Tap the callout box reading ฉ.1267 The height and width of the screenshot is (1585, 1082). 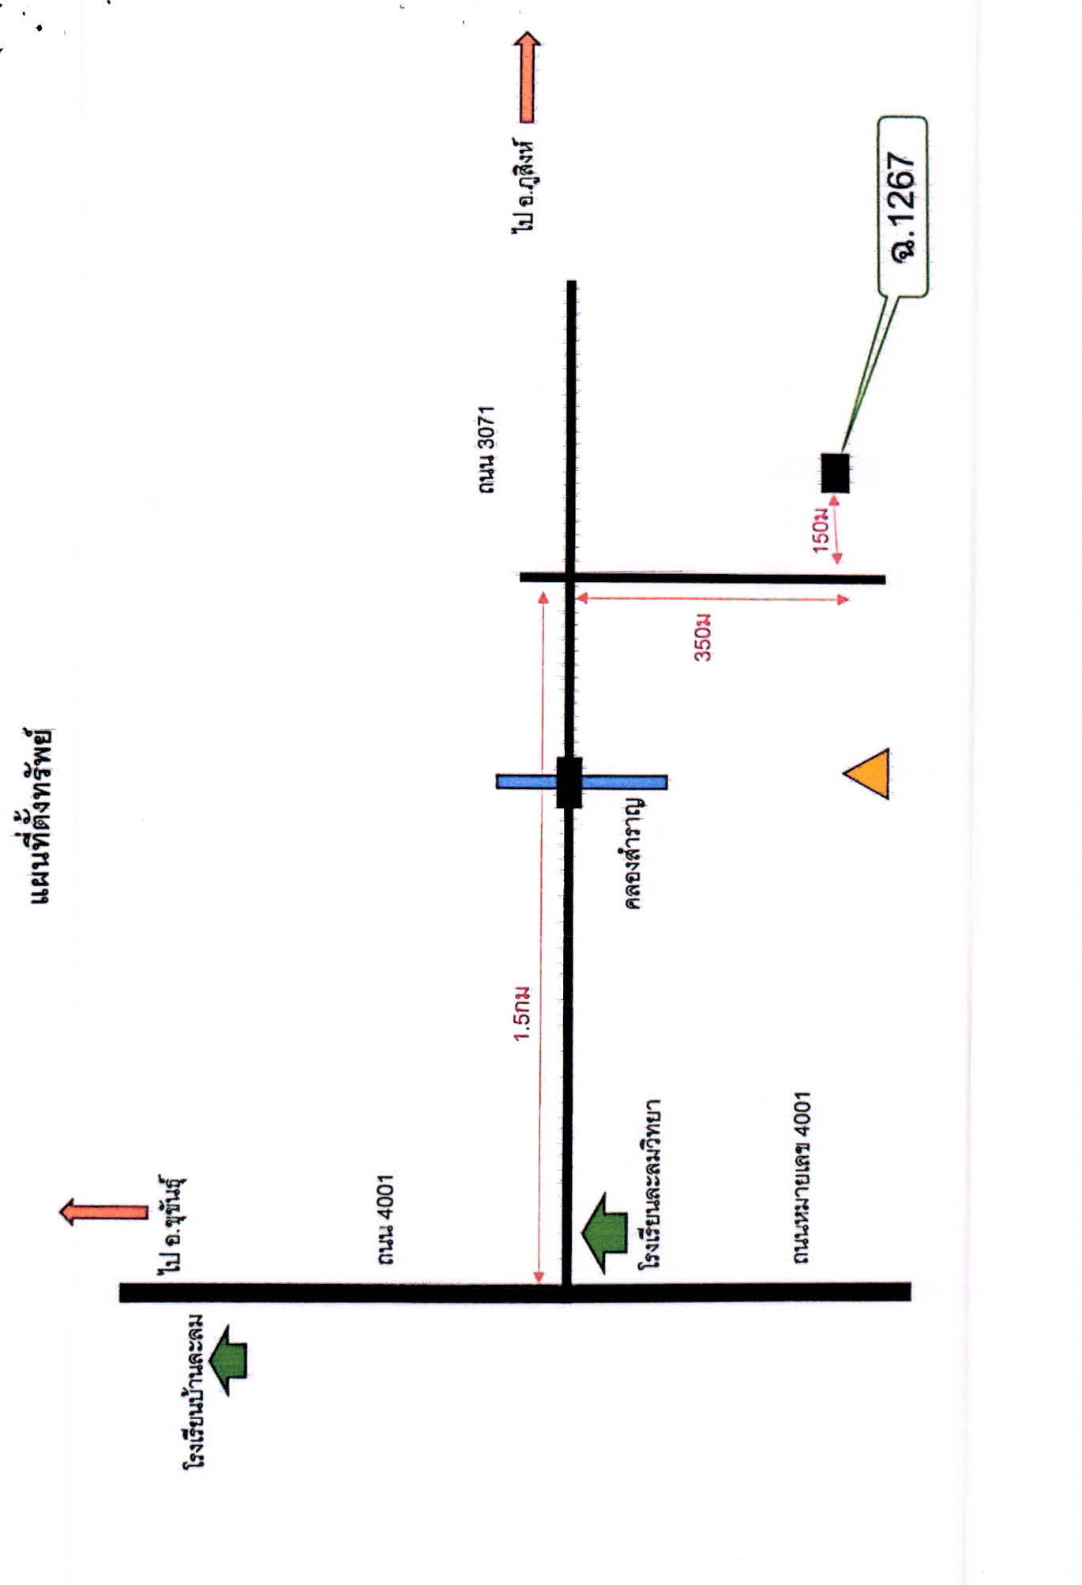click(903, 207)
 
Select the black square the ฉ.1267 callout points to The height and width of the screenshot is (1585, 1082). click(835, 473)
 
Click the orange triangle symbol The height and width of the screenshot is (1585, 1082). click(866, 773)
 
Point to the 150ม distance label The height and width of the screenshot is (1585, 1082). click(821, 530)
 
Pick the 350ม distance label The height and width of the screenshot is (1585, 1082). click(702, 637)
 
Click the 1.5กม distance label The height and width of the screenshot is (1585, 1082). click(522, 1013)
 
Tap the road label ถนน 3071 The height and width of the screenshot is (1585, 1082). click(487, 450)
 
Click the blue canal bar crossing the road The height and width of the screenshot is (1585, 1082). click(581, 782)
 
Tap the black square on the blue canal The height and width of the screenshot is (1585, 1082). click(569, 783)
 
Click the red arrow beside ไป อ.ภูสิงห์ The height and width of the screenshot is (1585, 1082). click(527, 77)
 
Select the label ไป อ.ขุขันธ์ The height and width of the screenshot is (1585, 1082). click(172, 1225)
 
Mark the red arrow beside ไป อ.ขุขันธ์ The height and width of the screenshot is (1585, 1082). click(103, 1212)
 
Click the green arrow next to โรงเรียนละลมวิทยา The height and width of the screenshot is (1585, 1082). click(604, 1234)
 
